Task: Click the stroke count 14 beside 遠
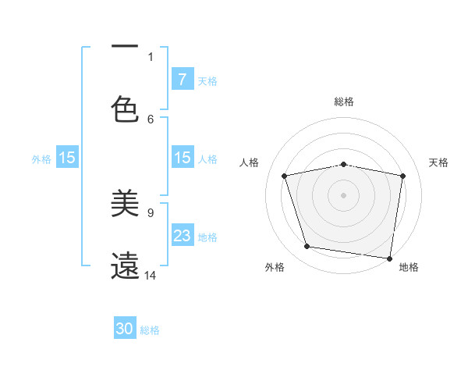[x=151, y=275]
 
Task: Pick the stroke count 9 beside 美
[x=151, y=212]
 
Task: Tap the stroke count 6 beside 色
[x=151, y=119]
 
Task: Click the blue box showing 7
[x=182, y=80]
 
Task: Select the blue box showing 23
[x=182, y=236]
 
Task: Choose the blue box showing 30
[x=125, y=330]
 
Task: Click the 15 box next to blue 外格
[x=67, y=158]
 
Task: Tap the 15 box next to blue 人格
[x=182, y=158]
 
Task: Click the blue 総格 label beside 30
[x=150, y=330]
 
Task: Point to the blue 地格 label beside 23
[x=207, y=237]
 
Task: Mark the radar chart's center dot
[x=343, y=194]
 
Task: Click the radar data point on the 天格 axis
[x=402, y=176]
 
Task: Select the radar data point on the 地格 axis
[x=390, y=258]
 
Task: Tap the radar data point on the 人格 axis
[x=285, y=176]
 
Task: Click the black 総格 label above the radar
[x=343, y=102]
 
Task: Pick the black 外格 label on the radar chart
[x=275, y=267]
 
